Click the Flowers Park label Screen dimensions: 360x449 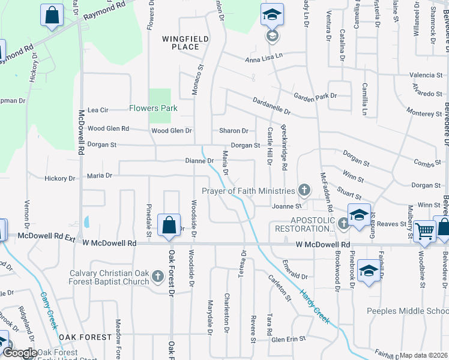pos(153,109)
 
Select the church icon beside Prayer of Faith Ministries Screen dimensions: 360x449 pos(304,191)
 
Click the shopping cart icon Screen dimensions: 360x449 pos(424,230)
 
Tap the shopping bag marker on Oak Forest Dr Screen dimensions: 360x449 pos(169,226)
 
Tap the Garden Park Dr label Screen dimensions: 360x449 pos(315,96)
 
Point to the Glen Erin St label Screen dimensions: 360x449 pos(289,339)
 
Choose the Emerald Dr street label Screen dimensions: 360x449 pos(294,277)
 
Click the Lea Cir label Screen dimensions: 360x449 pos(98,110)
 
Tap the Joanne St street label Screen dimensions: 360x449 pos(286,206)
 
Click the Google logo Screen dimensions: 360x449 pos(20,353)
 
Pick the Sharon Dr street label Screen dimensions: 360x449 pos(234,131)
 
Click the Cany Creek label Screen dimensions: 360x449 pos(48,311)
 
